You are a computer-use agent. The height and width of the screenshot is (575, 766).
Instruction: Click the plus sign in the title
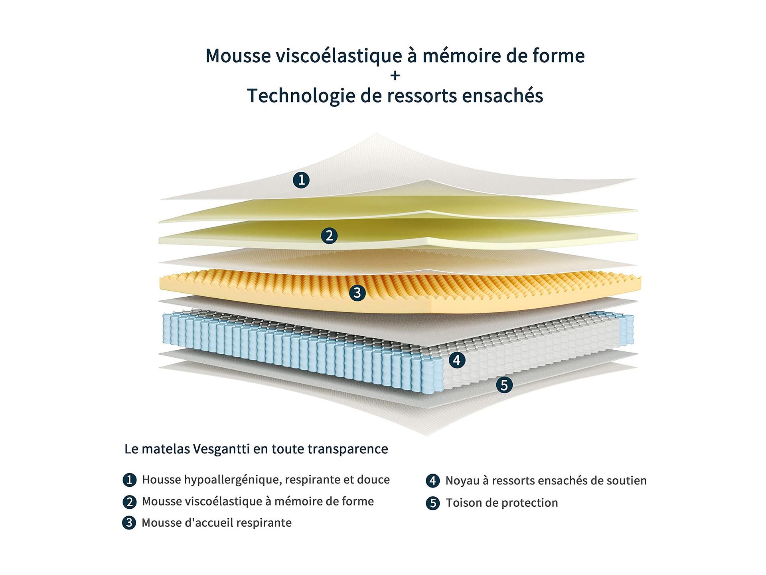(395, 75)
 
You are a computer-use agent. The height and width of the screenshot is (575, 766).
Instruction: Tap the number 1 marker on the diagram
(301, 180)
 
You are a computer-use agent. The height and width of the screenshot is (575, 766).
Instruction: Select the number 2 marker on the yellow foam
(329, 236)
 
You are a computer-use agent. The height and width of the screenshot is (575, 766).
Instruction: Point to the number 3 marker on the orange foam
(357, 293)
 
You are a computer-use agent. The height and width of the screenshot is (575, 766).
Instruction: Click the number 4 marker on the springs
(457, 360)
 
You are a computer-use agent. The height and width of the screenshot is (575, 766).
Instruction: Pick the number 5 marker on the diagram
(504, 385)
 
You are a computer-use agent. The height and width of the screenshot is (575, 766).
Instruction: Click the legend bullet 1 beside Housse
(129, 480)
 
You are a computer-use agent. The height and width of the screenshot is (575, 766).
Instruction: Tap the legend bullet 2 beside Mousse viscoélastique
(129, 502)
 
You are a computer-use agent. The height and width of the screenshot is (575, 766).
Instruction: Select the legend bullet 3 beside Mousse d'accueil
(129, 523)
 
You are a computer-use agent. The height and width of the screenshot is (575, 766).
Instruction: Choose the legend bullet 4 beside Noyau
(433, 480)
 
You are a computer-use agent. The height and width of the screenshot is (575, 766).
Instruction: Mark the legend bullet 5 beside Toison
(433, 503)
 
